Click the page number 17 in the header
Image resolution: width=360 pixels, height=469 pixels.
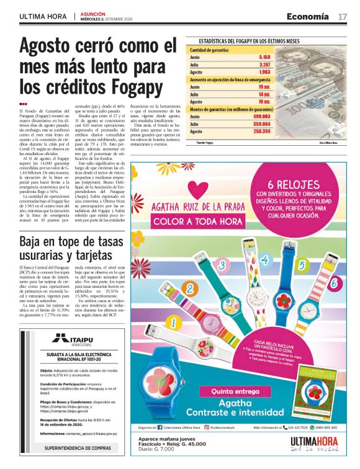pyautogui.click(x=343, y=16)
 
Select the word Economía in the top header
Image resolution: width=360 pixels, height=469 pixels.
pyautogui.click(x=307, y=16)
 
